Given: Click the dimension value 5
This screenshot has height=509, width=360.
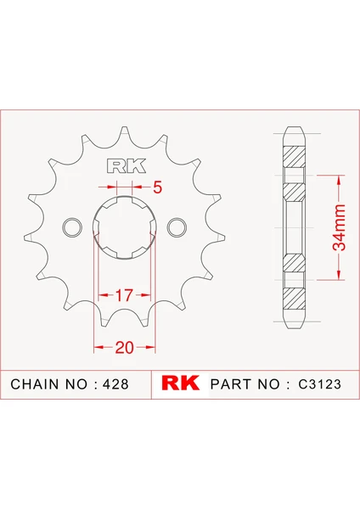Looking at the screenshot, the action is click(x=157, y=187).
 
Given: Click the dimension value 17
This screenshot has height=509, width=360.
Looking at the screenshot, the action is click(x=124, y=295).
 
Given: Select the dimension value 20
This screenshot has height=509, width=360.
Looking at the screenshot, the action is click(x=124, y=348).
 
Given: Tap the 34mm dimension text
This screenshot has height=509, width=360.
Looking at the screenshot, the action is click(x=339, y=227).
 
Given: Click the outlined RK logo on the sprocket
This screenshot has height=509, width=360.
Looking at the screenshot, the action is click(x=126, y=166).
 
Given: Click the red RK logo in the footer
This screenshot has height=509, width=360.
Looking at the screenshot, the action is click(x=180, y=383).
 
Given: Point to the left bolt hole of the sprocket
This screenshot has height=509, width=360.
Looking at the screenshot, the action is click(x=72, y=227).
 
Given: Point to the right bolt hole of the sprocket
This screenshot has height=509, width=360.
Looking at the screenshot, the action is click(x=177, y=227).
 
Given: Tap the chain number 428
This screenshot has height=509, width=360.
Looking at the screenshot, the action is click(x=115, y=384).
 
